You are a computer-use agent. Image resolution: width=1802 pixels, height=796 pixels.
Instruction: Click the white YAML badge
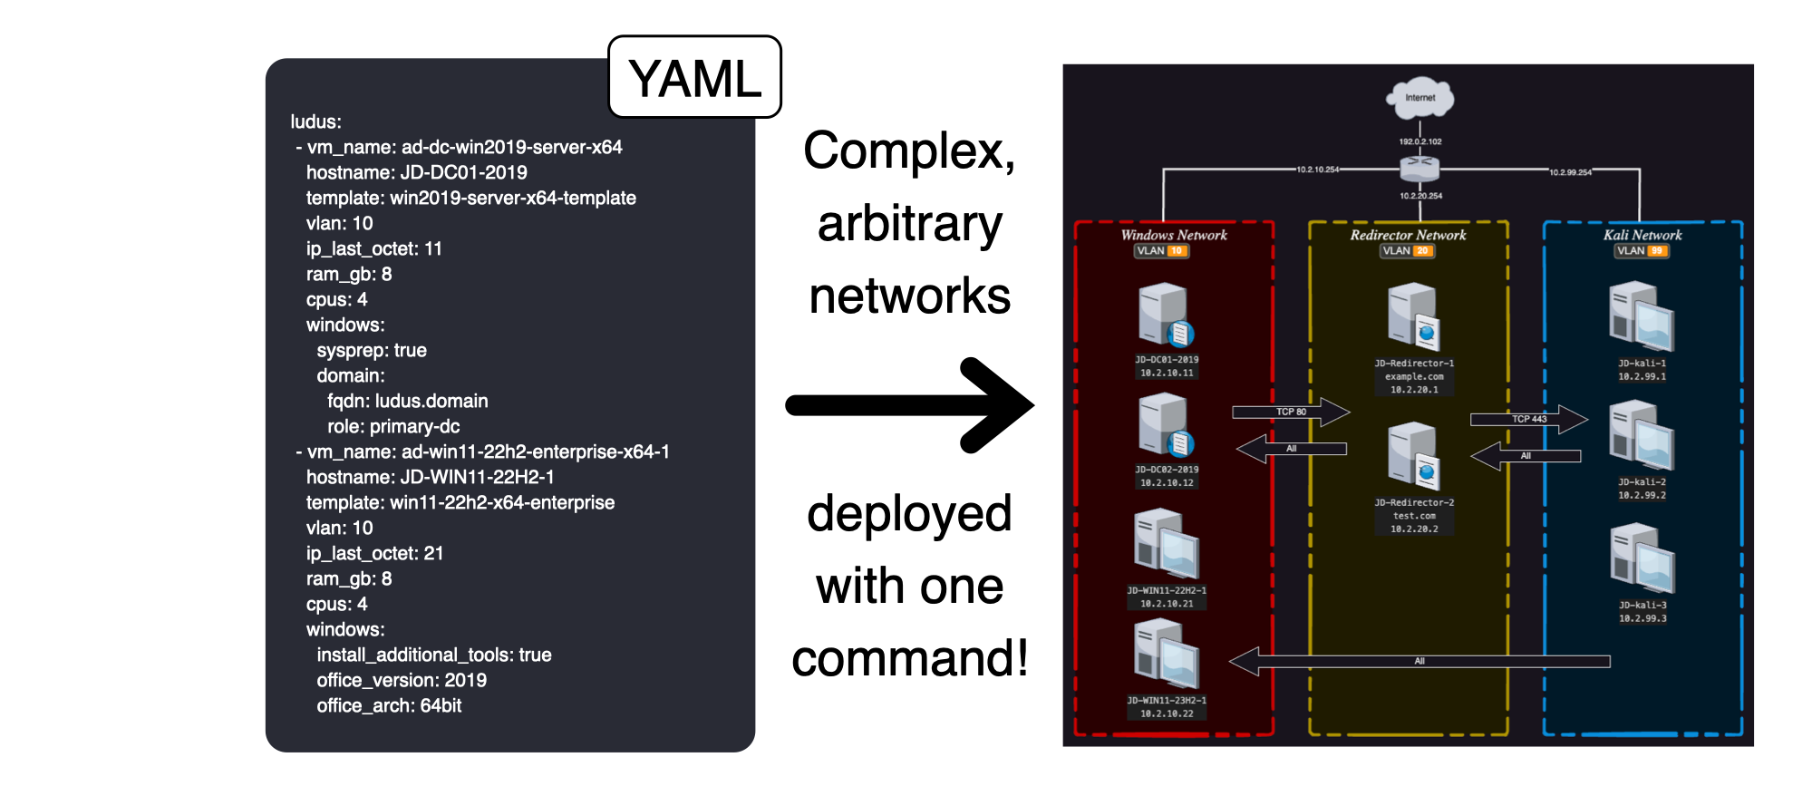click(694, 78)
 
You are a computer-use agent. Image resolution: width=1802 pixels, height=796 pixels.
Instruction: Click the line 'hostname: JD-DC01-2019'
click(416, 172)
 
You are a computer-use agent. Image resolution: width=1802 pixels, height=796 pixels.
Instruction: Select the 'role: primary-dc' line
click(393, 426)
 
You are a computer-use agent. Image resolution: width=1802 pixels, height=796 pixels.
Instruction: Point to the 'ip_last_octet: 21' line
click(374, 553)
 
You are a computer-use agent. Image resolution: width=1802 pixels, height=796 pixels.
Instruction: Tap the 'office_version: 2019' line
click(402, 680)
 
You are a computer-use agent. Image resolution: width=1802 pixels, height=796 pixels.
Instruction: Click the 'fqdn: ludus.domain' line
click(407, 401)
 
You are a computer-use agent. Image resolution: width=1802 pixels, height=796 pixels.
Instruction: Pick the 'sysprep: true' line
click(372, 350)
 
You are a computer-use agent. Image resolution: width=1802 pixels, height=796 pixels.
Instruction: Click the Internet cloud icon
click(1419, 98)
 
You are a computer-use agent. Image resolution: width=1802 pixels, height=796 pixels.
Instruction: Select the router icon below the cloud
click(1419, 169)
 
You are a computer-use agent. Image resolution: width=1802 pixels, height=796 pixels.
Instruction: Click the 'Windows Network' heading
click(1174, 235)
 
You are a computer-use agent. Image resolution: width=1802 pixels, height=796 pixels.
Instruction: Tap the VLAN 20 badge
click(1408, 251)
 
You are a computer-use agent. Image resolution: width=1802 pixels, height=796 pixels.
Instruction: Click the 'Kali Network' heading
click(1642, 235)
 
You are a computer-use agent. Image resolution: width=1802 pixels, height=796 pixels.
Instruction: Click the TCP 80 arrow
click(1291, 412)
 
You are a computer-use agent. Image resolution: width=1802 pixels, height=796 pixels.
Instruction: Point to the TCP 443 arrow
click(1528, 419)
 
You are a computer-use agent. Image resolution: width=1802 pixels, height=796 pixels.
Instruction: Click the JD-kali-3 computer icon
click(1642, 558)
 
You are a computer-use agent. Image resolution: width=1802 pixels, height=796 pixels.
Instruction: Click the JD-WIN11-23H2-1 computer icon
click(1167, 654)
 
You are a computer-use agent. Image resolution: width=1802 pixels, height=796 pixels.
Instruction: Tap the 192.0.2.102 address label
click(1419, 141)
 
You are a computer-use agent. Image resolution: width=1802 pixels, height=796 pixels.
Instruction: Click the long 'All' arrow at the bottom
click(1419, 661)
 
